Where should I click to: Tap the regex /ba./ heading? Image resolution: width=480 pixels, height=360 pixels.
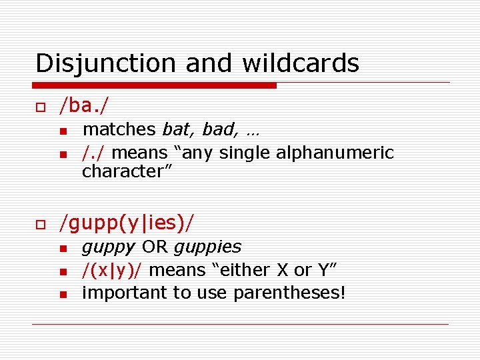tap(85, 105)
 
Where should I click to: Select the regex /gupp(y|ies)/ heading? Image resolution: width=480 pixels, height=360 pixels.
tap(128, 223)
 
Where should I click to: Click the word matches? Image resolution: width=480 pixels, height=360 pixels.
tap(119, 129)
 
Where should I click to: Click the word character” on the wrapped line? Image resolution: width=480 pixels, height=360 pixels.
tap(127, 171)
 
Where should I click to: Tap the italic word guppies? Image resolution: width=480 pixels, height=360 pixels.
tap(207, 247)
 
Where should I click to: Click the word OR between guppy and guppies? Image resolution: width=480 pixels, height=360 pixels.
tap(155, 247)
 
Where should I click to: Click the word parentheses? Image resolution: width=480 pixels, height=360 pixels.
tap(289, 293)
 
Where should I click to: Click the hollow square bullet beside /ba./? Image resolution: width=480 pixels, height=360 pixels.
tap(40, 106)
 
